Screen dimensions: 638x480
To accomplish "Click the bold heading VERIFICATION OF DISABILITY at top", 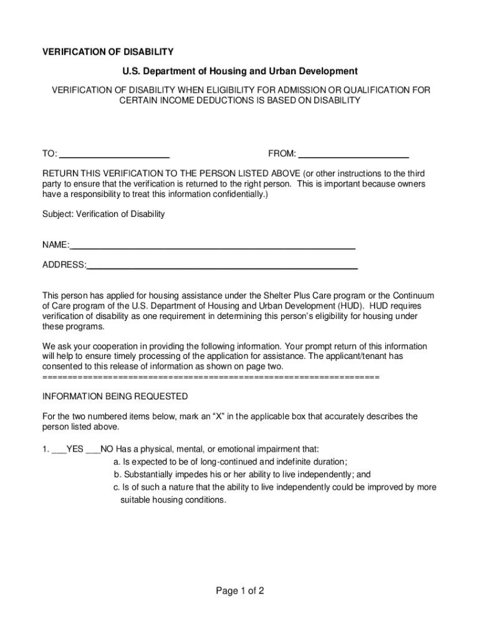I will point(107,52).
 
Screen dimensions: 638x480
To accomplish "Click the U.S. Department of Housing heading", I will point(240,72).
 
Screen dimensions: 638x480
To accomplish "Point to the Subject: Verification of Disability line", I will point(103,214).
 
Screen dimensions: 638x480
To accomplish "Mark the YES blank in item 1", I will point(59,449).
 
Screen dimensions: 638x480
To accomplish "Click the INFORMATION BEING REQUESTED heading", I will point(115,396).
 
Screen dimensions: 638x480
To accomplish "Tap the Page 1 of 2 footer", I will point(240,591).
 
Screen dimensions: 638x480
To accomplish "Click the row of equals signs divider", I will point(211,378).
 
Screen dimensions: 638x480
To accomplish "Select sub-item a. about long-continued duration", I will point(230,462).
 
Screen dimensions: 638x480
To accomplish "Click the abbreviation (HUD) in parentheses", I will point(352,307).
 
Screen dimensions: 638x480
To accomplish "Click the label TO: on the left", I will point(50,155).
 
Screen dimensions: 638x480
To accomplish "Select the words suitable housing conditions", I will point(173,500).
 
